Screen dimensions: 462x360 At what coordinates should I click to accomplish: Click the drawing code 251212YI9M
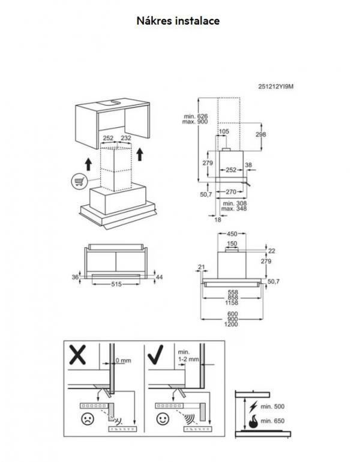tap(275, 86)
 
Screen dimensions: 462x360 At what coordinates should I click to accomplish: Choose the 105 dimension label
tap(224, 131)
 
